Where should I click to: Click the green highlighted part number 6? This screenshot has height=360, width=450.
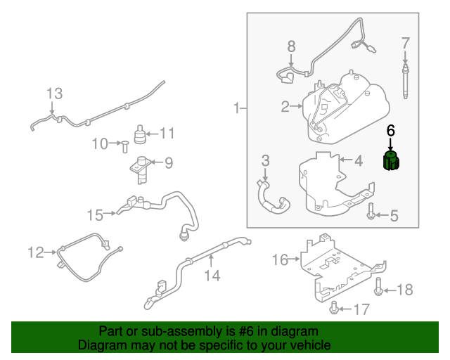(x=390, y=162)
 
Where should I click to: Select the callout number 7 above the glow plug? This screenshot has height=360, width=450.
(x=405, y=44)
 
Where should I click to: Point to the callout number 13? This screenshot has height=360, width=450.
(x=54, y=94)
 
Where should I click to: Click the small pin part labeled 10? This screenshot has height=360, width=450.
(x=122, y=145)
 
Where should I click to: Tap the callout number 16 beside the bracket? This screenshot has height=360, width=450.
(x=280, y=260)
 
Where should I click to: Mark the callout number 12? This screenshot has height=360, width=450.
(x=36, y=251)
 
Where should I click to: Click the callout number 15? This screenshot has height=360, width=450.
(x=95, y=213)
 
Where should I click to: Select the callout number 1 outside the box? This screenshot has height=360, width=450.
(x=238, y=108)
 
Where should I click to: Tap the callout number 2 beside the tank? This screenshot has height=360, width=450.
(x=285, y=107)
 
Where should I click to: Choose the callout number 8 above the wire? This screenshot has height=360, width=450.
(x=291, y=47)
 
